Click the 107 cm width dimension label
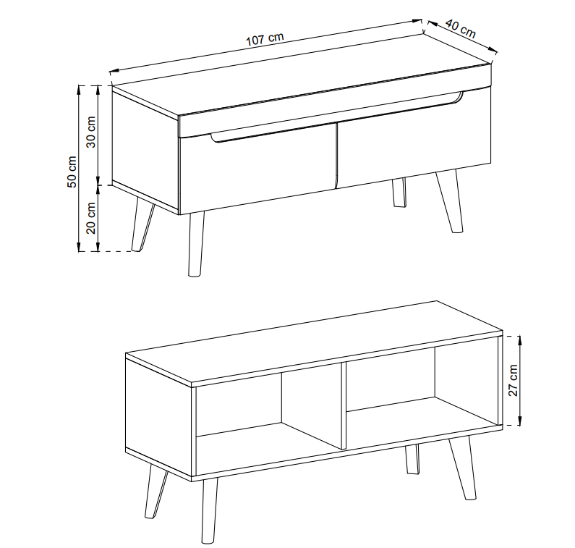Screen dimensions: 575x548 tap(265, 39)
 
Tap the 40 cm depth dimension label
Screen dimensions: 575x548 tap(461, 29)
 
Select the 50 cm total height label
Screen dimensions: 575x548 tap(72, 172)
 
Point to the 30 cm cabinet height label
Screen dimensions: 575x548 tap(91, 132)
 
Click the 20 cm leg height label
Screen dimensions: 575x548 tap(91, 218)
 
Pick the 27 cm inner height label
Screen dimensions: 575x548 tap(514, 380)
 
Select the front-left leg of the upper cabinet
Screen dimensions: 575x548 tap(195, 244)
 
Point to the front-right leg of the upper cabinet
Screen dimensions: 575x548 tap(450, 201)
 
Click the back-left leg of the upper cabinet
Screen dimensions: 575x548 tap(142, 224)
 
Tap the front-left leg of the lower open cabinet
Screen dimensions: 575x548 tap(209, 510)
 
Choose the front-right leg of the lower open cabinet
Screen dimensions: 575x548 tap(463, 468)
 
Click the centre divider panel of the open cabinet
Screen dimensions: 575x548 tap(344, 406)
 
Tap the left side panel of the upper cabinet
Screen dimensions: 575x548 tap(145, 152)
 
